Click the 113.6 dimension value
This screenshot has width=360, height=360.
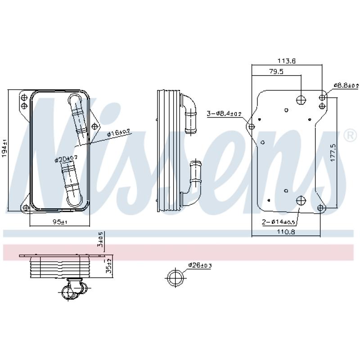point(287,61)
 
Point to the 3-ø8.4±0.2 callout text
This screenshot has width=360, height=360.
point(224,114)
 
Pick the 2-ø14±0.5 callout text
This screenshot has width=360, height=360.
point(279,221)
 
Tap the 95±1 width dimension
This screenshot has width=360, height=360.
point(59,222)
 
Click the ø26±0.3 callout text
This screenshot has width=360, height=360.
point(199,265)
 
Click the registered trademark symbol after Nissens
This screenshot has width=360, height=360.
point(350,135)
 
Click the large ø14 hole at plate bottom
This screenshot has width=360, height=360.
point(301,201)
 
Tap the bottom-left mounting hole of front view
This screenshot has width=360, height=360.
point(26,207)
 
